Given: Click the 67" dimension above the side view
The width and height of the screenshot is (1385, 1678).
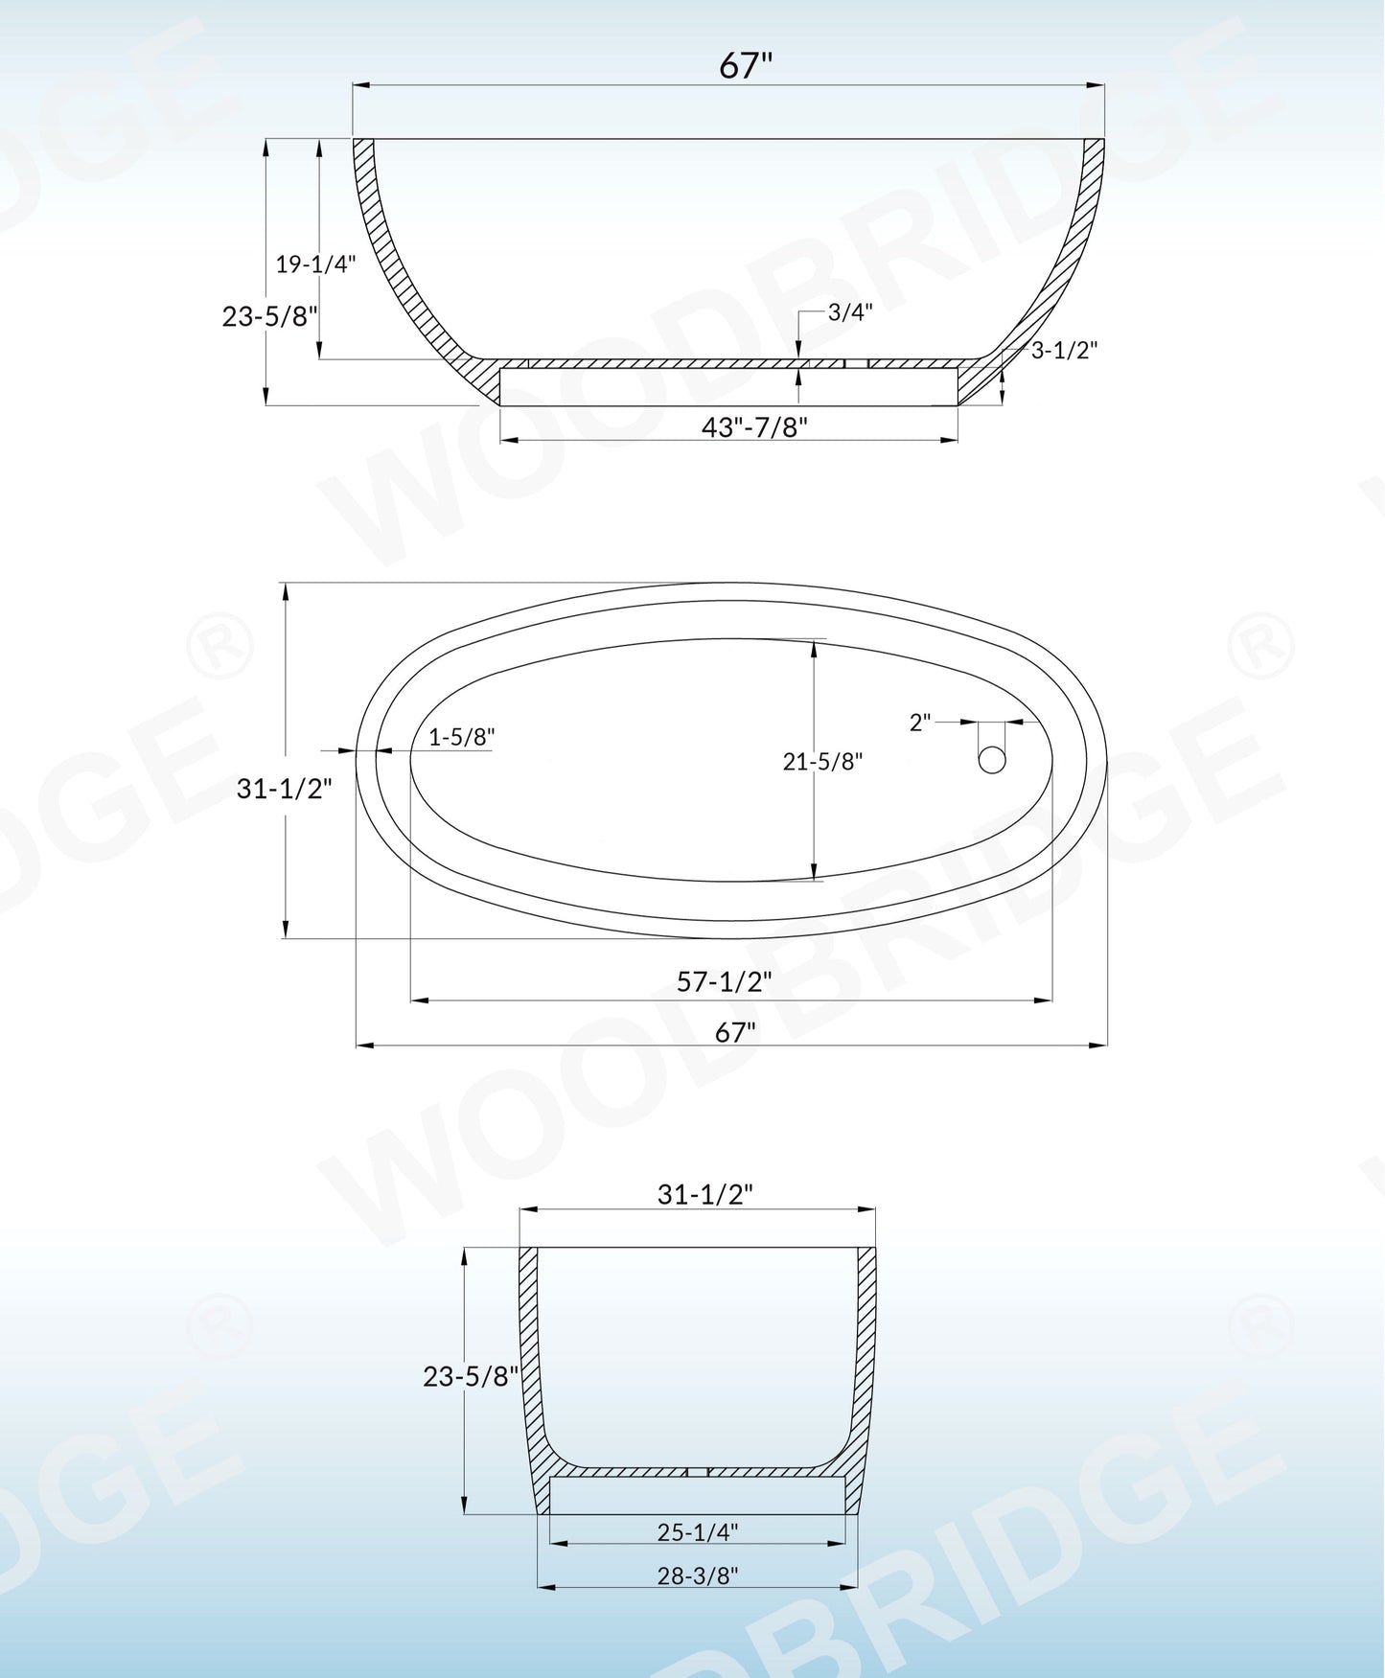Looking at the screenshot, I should [746, 65].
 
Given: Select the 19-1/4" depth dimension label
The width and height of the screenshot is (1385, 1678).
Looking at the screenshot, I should [315, 264].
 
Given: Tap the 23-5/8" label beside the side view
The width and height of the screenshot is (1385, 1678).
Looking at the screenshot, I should [269, 316].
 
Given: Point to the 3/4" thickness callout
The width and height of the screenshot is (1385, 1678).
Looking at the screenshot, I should [850, 312].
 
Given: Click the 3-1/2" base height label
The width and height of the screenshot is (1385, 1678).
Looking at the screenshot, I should [1064, 350].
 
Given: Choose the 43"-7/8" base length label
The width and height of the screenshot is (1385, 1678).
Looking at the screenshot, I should [754, 426].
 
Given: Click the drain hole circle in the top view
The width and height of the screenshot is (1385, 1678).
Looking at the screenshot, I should [992, 760].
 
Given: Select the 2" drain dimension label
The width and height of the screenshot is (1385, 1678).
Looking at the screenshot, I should [920, 723].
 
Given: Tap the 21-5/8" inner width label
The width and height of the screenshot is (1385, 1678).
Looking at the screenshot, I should [822, 762].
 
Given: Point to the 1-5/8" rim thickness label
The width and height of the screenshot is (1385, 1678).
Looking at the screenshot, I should [461, 737].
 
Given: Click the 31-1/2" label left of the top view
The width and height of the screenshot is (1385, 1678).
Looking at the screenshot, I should [284, 789].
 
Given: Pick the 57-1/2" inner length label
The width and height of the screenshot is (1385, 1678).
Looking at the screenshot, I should [724, 981].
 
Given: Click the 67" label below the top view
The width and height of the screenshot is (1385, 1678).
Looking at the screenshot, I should [735, 1032].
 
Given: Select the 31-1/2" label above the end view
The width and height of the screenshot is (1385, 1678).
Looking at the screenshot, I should [704, 1194].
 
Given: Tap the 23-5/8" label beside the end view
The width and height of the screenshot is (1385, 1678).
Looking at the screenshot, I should [470, 1376].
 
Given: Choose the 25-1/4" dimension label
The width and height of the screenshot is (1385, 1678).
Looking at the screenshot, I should [697, 1532].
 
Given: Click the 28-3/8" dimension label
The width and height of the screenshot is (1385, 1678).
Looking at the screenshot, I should [697, 1575].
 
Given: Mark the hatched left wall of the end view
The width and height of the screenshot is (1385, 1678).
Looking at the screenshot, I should [530, 1361].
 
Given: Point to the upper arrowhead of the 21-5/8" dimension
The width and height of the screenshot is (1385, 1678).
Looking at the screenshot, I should [814, 648].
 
